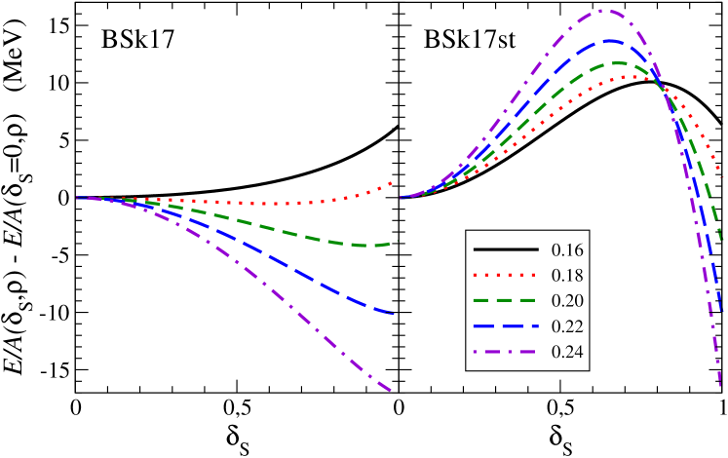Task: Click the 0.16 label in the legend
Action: click(567, 250)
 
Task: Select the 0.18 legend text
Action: click(567, 276)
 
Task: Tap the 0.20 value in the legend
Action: click(567, 301)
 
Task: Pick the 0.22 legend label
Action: click(567, 326)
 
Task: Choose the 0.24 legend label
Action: click(567, 352)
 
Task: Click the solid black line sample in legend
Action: click(506, 250)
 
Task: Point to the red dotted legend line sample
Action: click(506, 276)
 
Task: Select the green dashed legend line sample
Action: click(506, 301)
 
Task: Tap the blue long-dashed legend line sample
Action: click(506, 326)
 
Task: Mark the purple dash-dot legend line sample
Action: click(506, 352)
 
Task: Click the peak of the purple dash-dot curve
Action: click(604, 11)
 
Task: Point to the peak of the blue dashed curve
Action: click(611, 40)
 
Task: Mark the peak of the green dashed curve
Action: click(618, 62)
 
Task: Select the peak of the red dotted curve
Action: click(626, 76)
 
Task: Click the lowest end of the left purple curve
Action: click(392, 392)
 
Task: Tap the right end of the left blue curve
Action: click(393, 314)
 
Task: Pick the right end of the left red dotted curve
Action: click(393, 181)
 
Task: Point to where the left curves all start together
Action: click(78, 198)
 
